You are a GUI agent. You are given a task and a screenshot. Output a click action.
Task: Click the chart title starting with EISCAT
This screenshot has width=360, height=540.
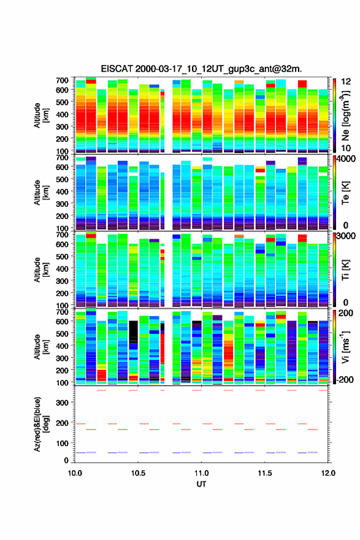click(x=201, y=69)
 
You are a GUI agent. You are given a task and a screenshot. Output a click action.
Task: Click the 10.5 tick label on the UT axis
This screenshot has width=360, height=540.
click(x=138, y=473)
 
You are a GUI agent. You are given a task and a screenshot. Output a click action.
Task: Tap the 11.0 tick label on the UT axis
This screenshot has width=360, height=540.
click(x=201, y=473)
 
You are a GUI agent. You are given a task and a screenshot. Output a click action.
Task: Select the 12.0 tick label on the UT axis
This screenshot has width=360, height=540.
click(x=328, y=473)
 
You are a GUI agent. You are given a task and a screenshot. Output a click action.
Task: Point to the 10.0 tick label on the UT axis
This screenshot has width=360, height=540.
click(x=75, y=473)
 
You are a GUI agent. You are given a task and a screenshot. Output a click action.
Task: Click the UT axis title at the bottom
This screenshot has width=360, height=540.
click(x=201, y=484)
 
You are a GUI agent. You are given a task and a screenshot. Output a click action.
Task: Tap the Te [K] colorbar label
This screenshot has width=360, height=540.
click(x=345, y=193)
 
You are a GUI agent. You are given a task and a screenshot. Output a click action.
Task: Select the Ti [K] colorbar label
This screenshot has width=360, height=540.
click(x=345, y=269)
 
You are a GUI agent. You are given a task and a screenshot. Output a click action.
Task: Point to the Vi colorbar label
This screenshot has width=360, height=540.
click(x=345, y=347)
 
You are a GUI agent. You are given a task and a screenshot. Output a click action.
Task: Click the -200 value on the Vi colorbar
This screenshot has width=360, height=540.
click(x=345, y=379)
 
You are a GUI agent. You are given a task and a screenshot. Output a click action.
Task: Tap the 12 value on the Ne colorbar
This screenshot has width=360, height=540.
click(x=346, y=82)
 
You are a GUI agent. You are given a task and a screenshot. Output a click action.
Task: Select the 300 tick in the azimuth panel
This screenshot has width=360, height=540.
click(x=62, y=403)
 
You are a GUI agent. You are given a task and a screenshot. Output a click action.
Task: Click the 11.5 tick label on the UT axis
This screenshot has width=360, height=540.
click(x=265, y=473)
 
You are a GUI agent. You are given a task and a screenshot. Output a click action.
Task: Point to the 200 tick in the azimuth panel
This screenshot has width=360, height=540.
click(x=62, y=423)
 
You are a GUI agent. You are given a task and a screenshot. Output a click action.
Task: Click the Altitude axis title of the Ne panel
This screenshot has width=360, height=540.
click(x=41, y=116)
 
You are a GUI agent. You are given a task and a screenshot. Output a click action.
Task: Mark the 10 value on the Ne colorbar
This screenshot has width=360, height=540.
click(x=346, y=148)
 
